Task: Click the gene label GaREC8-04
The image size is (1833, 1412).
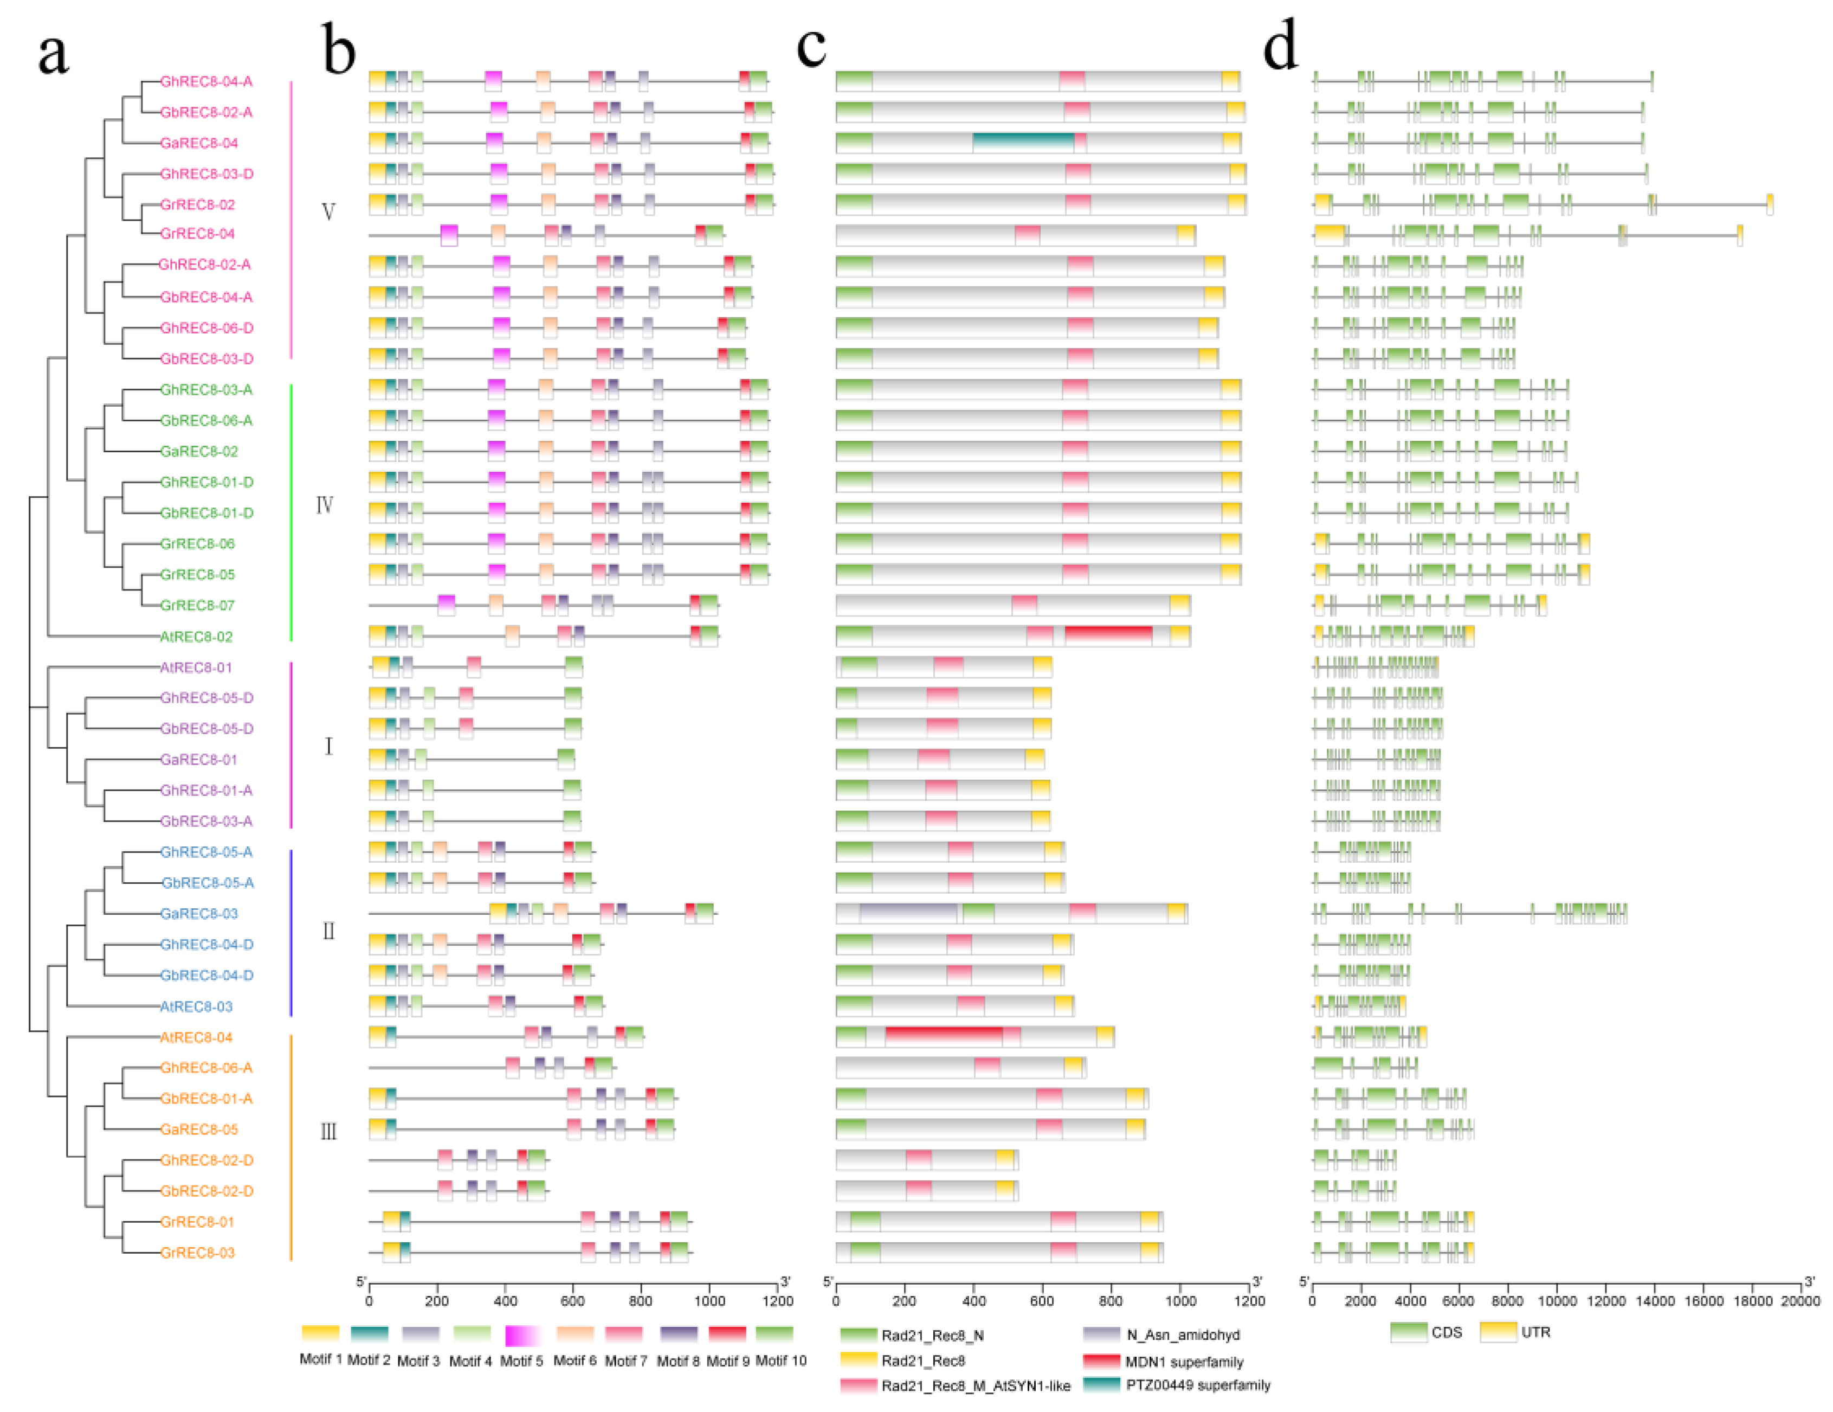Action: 199,143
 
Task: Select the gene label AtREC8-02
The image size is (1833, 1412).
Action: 196,637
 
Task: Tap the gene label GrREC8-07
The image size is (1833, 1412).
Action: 197,605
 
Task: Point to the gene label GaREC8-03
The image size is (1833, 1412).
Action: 199,913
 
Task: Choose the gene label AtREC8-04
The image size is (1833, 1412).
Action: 196,1037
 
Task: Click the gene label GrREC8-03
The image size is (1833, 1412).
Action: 197,1253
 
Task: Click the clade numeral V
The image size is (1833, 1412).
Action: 328,211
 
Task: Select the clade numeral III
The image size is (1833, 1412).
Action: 328,1132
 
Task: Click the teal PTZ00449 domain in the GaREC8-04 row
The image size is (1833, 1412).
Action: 1023,143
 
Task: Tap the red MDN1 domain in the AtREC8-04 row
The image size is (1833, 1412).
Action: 944,1037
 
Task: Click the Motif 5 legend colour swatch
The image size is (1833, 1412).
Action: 522,1335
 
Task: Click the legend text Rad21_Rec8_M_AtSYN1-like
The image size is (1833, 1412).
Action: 975,1386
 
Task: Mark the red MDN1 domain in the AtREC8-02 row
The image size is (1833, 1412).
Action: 1108,637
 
